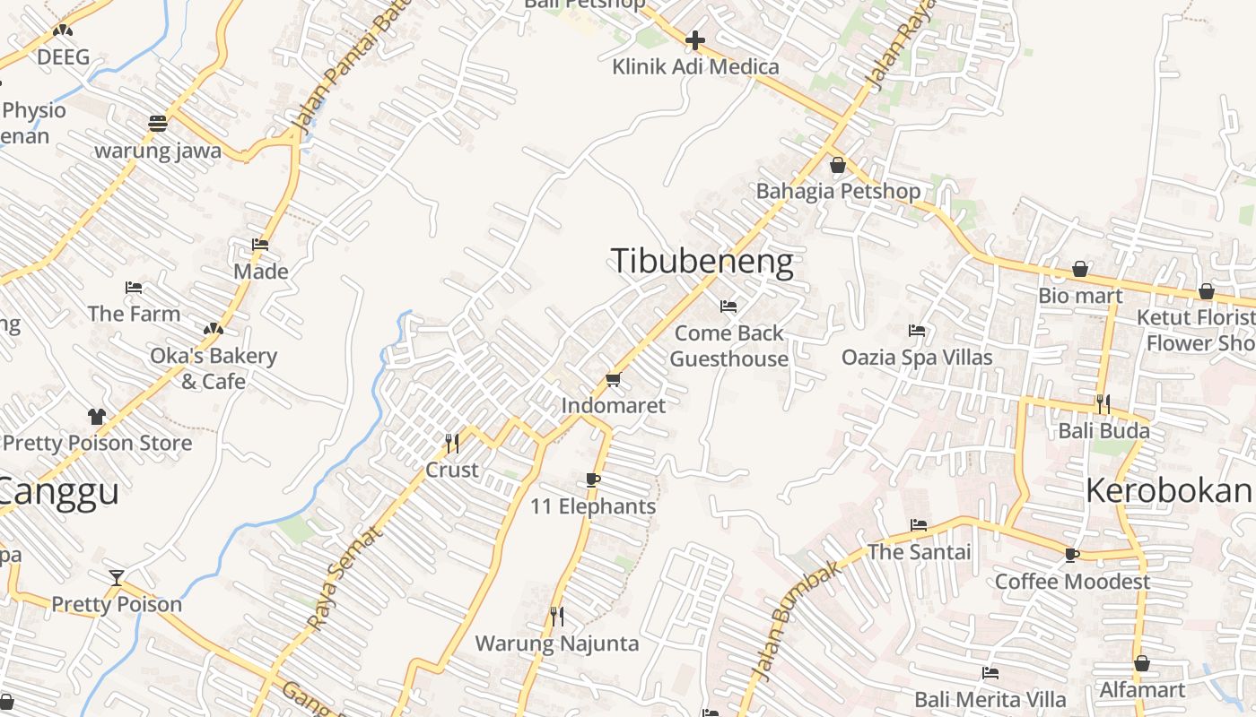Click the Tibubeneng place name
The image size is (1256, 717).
pos(702,262)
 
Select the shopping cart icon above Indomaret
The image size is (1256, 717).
pos(614,380)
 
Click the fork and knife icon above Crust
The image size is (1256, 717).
pos(452,443)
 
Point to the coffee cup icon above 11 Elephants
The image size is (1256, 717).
pos(592,479)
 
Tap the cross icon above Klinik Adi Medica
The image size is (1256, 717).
pos(695,40)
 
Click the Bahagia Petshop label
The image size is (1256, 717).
pos(838,191)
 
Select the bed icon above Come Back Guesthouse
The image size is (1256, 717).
pos(728,307)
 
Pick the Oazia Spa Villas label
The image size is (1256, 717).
pos(917,358)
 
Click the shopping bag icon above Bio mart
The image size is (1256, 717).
pos(1080,269)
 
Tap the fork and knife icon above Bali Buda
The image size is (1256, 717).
pos(1103,404)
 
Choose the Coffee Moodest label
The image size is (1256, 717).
pos(1072,582)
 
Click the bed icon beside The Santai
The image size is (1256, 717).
pos(919,525)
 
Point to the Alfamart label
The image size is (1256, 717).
pos(1142,690)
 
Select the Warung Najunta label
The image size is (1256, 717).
pos(556,644)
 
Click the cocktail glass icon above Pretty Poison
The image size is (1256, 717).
pos(117,577)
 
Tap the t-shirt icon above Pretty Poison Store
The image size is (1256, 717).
pos(97,417)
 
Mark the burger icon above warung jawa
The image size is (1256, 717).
pos(158,124)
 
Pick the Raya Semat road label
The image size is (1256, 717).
pos(345,578)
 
